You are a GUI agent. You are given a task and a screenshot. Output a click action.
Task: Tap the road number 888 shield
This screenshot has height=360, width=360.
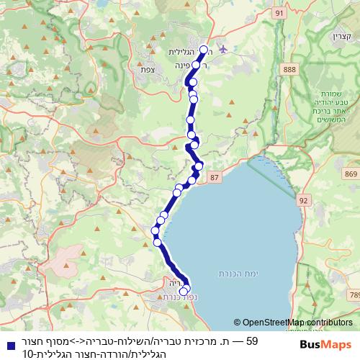290,68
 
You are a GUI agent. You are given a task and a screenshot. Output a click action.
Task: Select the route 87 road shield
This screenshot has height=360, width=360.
215,176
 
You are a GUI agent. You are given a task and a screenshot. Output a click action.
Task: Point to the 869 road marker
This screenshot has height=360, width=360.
351,174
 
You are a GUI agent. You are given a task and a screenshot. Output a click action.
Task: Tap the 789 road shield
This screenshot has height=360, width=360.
355,295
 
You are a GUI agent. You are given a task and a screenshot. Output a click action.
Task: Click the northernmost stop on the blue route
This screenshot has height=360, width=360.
203,50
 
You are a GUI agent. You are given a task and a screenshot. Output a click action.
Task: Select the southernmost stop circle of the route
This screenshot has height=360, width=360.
183,292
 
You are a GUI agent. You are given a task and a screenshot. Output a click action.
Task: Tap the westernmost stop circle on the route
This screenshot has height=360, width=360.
155,230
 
